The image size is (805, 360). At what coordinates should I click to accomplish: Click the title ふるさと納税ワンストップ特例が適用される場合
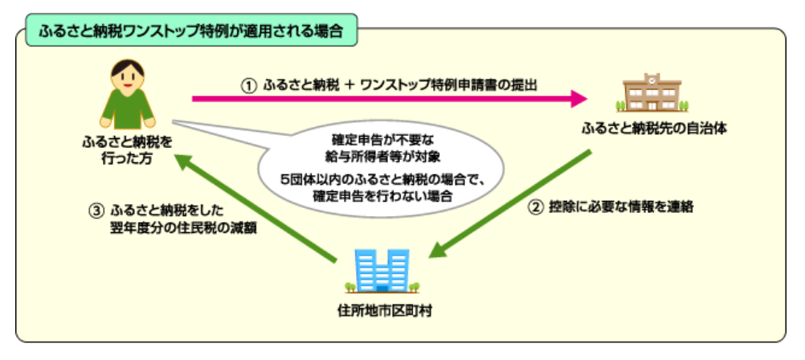(x=191, y=31)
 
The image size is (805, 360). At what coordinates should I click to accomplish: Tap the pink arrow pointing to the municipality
(x=390, y=98)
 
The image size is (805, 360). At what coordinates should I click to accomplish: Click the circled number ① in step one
(x=248, y=85)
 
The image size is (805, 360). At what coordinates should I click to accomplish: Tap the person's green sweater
(x=127, y=108)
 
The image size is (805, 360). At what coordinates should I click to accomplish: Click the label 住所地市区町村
(x=381, y=311)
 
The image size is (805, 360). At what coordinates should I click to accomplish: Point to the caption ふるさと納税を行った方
(x=127, y=149)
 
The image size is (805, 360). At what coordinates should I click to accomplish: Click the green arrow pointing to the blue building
(x=510, y=203)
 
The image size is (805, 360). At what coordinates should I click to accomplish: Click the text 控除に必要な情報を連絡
(x=621, y=207)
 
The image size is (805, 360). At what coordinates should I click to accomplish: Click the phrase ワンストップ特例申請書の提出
(x=448, y=85)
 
